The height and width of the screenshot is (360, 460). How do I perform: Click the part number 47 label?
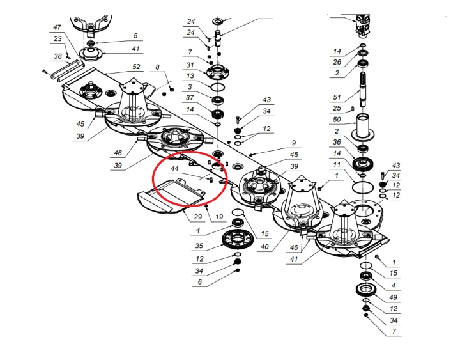pyautogui.click(x=57, y=27)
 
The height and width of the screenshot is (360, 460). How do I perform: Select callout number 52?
pyautogui.click(x=136, y=67)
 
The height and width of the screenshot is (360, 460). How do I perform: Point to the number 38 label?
pyautogui.click(x=57, y=56)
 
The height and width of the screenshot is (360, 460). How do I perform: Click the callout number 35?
pyautogui.click(x=199, y=245)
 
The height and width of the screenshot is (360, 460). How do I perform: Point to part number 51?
pyautogui.click(x=337, y=98)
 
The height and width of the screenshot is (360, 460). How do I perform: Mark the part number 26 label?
pyautogui.click(x=337, y=62)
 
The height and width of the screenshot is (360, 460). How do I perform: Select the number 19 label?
pyautogui.click(x=218, y=217)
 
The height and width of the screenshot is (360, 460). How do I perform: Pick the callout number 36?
pyautogui.click(x=337, y=142)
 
